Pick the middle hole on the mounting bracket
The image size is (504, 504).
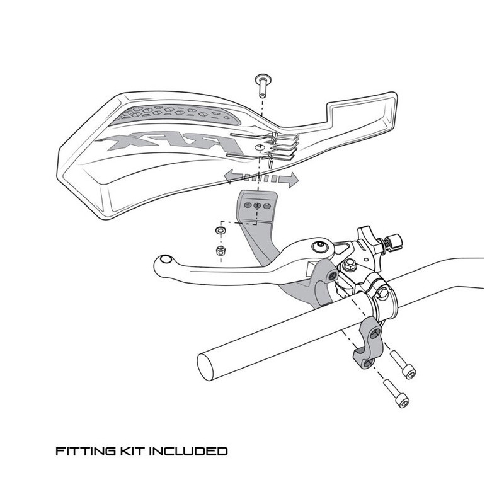pyautogui.click(x=257, y=205)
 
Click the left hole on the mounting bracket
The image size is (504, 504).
pyautogui.click(x=248, y=205)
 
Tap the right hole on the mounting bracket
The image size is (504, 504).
pyautogui.click(x=267, y=206)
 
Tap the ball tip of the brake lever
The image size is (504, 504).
pyautogui.click(x=164, y=260)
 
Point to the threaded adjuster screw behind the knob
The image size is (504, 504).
pyautogui.click(x=396, y=241)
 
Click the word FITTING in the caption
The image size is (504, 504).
pyautogui.click(x=80, y=451)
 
